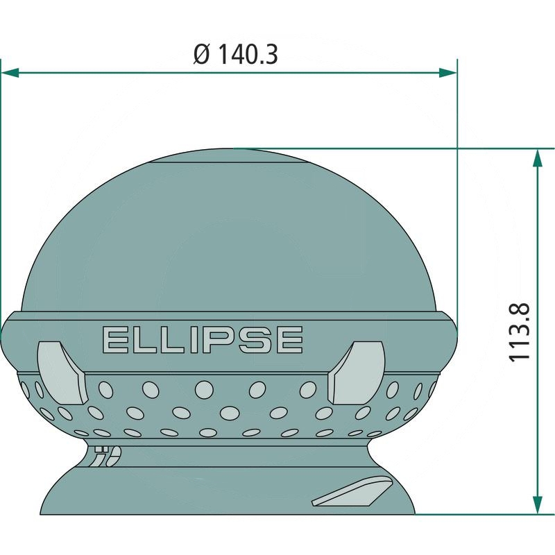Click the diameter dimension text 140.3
[247, 55]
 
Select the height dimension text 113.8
[519, 332]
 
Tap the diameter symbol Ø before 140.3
[202, 55]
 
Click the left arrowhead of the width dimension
[10, 74]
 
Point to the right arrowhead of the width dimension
[448, 74]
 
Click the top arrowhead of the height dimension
[538, 158]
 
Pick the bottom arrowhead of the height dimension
[538, 505]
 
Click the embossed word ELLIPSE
[203, 340]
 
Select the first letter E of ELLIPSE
[114, 340]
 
